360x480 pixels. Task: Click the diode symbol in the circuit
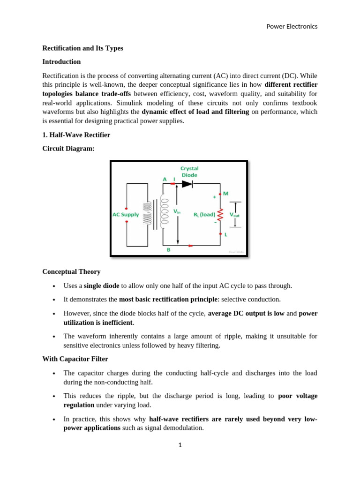tap(187, 184)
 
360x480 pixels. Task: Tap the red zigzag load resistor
tap(220, 215)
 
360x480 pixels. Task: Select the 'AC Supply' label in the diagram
tap(126, 215)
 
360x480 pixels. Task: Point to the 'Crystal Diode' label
tap(189, 172)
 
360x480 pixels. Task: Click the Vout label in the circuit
tap(234, 215)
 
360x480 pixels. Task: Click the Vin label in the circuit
tap(177, 211)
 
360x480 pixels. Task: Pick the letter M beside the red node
tap(225, 193)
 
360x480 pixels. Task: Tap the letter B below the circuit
tap(169, 250)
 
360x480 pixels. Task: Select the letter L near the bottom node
tap(225, 234)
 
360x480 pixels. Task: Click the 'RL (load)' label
tap(204, 215)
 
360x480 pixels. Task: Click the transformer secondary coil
tap(164, 211)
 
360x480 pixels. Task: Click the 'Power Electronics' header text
tap(292, 26)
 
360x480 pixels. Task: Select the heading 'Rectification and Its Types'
tap(82, 48)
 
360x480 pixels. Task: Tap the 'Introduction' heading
tap(61, 62)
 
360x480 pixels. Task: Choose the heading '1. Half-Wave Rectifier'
tap(76, 135)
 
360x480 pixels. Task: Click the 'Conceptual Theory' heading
tap(71, 272)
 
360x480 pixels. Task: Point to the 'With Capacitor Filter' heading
tap(75, 359)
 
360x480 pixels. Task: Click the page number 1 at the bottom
tap(180, 445)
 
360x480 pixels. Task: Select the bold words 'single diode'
tap(101, 286)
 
